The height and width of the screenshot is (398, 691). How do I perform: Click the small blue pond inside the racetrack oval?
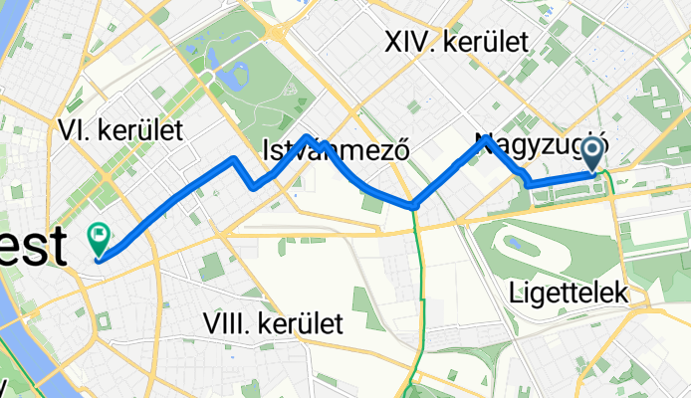[x=516, y=242]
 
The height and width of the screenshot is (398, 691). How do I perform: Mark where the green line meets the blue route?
[x=414, y=205]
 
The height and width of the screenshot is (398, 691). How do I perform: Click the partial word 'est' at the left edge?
[x=34, y=247]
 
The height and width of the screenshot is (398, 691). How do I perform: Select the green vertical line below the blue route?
[x=421, y=298]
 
